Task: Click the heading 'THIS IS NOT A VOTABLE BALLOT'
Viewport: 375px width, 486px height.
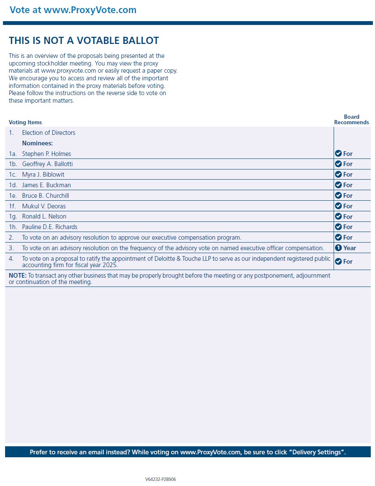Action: pyautogui.click(x=84, y=41)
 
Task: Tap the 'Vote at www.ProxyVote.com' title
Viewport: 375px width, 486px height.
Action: pyautogui.click(x=73, y=10)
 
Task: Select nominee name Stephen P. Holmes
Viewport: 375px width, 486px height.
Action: pyautogui.click(x=46, y=154)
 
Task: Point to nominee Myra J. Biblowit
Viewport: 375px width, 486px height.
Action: pyautogui.click(x=43, y=175)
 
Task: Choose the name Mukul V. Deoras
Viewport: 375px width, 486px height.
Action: pyautogui.click(x=44, y=206)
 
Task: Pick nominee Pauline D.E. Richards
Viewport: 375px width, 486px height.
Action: pyautogui.click(x=50, y=227)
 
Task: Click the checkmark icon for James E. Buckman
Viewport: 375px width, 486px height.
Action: pyautogui.click(x=338, y=185)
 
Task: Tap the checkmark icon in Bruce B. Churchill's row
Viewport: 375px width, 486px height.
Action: pyautogui.click(x=338, y=196)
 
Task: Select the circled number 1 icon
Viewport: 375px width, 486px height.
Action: pyautogui.click(x=338, y=248)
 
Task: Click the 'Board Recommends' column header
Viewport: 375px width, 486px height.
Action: pyautogui.click(x=351, y=120)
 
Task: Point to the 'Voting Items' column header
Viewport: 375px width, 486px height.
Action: pyautogui.click(x=25, y=123)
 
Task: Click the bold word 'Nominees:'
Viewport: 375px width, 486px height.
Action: pyautogui.click(x=37, y=143)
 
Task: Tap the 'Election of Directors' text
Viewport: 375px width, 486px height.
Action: pyautogui.click(x=49, y=133)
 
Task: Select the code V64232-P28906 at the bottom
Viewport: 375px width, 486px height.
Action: pyautogui.click(x=160, y=479)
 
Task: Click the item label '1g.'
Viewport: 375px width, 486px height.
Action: pyautogui.click(x=13, y=217)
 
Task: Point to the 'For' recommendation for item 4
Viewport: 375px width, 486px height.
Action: pyautogui.click(x=348, y=262)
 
